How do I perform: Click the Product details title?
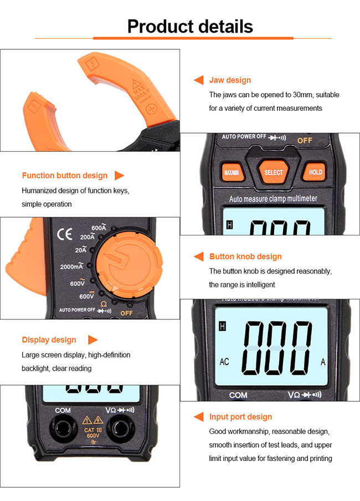(190, 26)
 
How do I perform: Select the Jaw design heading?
(230, 80)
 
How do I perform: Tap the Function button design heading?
(65, 176)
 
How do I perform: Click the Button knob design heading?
(245, 257)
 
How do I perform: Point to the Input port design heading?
(240, 417)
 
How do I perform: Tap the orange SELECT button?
(274, 172)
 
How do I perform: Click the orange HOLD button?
(315, 172)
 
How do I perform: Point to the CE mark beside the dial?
(65, 234)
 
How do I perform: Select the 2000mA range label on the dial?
(71, 266)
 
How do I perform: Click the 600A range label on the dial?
(99, 227)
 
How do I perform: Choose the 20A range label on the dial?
(81, 249)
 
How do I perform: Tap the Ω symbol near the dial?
(104, 304)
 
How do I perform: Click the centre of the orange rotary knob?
(128, 264)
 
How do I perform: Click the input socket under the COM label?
(63, 428)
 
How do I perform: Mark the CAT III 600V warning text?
(92, 433)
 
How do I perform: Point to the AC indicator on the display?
(224, 361)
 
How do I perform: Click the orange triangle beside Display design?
(92, 340)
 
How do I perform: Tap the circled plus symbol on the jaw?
(151, 109)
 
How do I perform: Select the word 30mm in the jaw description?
(301, 95)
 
